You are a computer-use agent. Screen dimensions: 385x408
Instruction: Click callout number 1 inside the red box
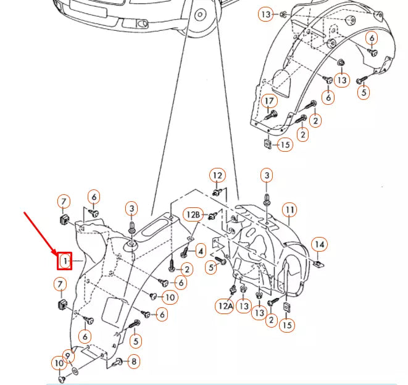[65, 262]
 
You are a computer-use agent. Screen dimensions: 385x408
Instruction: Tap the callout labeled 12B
[194, 215]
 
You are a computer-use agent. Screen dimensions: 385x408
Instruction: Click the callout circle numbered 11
[289, 210]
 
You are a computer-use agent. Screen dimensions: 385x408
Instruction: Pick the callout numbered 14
[318, 245]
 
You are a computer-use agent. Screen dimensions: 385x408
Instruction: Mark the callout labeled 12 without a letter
[217, 176]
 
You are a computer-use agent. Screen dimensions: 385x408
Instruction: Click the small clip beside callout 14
[317, 264]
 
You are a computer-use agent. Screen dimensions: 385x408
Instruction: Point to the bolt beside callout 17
[270, 115]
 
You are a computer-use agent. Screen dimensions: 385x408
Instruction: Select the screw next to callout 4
[184, 252]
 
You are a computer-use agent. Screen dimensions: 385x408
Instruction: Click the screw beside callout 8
[119, 361]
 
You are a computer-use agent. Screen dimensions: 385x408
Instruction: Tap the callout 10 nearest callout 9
[59, 363]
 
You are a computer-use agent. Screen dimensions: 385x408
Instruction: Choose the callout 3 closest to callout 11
[266, 176]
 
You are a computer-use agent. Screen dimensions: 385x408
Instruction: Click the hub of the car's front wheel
[200, 14]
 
